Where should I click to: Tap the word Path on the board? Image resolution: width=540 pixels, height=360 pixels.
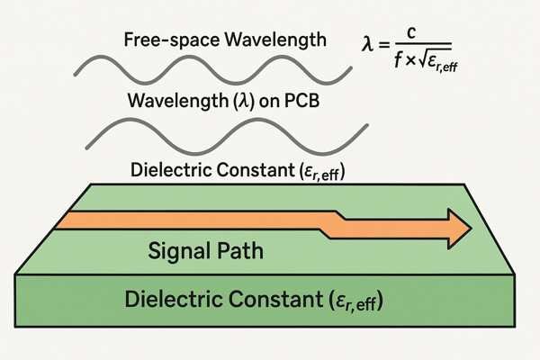click(x=238, y=251)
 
